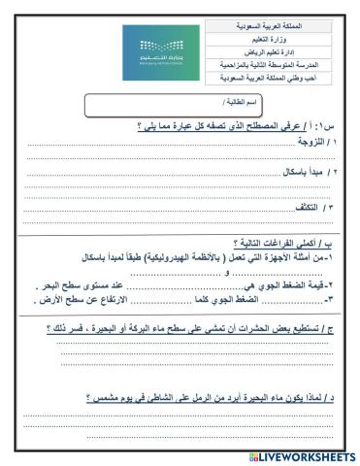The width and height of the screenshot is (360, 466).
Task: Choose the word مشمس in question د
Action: tap(103, 395)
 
